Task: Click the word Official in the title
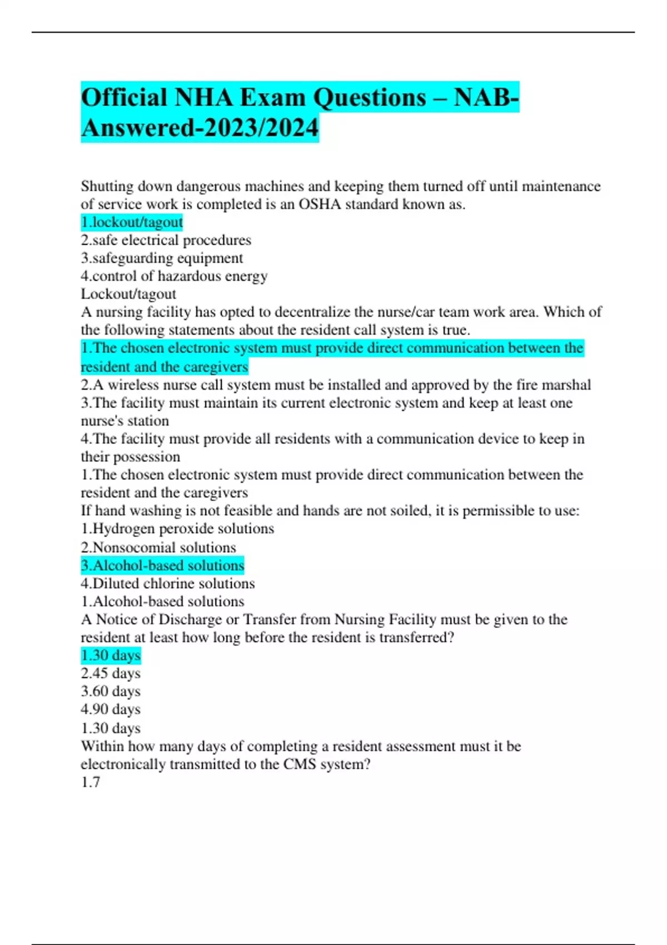[125, 98]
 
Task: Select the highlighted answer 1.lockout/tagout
[132, 222]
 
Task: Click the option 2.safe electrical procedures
[166, 240]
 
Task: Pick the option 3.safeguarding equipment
[162, 258]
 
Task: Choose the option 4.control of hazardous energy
[174, 276]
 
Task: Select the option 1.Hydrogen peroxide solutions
[177, 529]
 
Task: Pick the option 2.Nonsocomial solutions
[158, 548]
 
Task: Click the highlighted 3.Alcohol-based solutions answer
[162, 565]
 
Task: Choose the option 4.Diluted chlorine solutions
[168, 584]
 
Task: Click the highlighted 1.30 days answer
[111, 655]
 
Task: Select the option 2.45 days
[111, 674]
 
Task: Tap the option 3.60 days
[111, 692]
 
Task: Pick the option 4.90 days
[111, 709]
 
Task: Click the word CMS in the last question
[300, 764]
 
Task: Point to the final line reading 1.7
[91, 782]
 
